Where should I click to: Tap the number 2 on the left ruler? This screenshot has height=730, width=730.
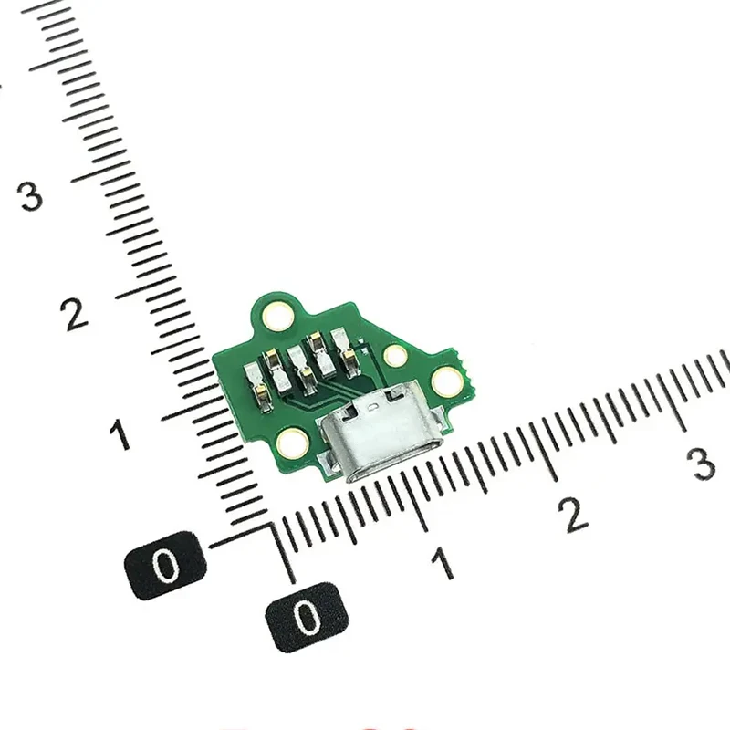[75, 314]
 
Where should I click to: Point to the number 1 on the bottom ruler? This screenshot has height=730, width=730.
[443, 564]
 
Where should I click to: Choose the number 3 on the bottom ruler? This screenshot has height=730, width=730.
[703, 464]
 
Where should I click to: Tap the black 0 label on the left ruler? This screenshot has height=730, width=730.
[165, 566]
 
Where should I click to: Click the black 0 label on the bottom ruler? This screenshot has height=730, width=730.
[307, 617]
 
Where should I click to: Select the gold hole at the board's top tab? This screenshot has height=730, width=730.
[276, 316]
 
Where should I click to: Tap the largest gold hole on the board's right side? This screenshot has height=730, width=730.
[446, 381]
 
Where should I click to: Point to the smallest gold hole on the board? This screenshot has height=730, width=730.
[395, 355]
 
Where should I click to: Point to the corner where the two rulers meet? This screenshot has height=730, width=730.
[273, 527]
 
